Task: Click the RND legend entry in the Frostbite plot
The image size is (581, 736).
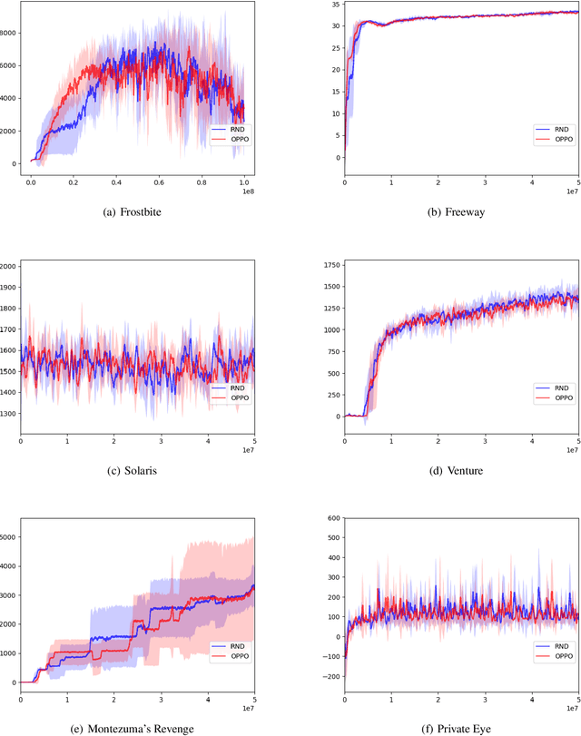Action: (234, 130)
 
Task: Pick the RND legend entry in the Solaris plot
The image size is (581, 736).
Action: (234, 387)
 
